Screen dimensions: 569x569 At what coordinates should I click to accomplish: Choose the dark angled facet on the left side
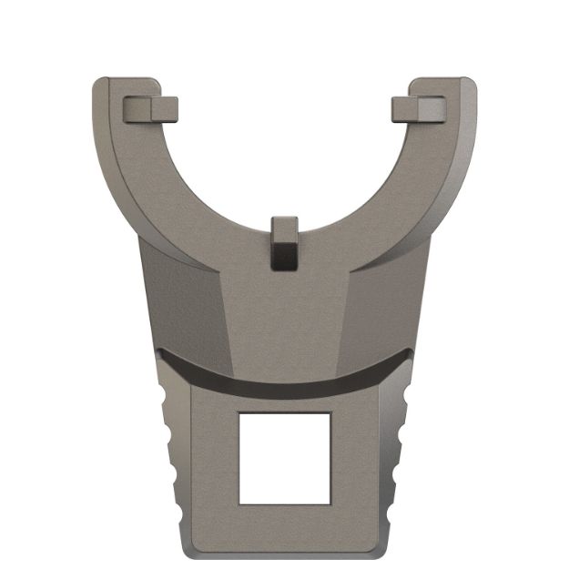pyautogui.click(x=182, y=300)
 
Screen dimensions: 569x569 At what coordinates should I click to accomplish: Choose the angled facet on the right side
pyautogui.click(x=387, y=300)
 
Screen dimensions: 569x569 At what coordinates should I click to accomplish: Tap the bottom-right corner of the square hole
pyautogui.click(x=330, y=503)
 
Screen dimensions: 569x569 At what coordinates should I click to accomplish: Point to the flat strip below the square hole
pyautogui.click(x=284, y=528)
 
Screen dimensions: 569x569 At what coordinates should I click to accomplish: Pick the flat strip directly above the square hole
pyautogui.click(x=284, y=401)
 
